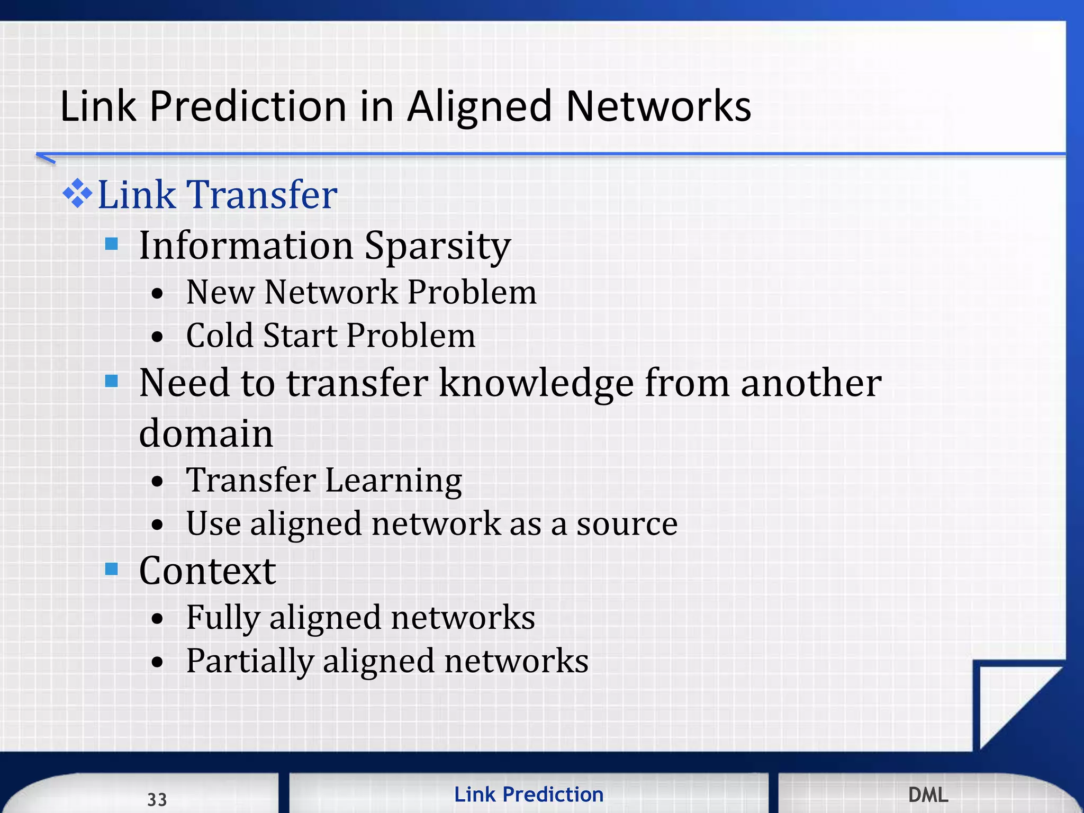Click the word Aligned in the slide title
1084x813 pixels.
(480, 108)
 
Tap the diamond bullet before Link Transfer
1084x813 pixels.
(77, 194)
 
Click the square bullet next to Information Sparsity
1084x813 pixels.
(111, 243)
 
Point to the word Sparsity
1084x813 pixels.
(438, 247)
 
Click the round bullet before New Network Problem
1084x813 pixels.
(157, 294)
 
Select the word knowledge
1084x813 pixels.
(536, 383)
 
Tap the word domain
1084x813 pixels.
(206, 433)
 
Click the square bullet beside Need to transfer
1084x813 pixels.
(111, 381)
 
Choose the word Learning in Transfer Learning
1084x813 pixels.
(393, 481)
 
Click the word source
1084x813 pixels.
(627, 524)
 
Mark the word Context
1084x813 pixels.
(207, 571)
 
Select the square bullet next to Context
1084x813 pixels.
(111, 569)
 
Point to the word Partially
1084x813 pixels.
(250, 662)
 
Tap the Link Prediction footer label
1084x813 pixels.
(529, 794)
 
